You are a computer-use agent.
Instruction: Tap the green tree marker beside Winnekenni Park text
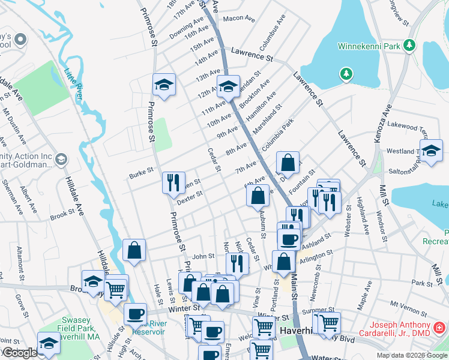coord(410,45)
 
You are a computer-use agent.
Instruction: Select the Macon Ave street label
coord(239,19)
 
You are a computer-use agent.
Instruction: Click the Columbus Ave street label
coord(272,34)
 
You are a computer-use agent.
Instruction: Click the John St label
coord(203,256)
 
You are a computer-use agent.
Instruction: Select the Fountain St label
coord(302,178)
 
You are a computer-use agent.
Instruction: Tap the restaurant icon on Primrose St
coord(173,182)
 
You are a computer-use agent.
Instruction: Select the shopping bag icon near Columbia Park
coord(288,163)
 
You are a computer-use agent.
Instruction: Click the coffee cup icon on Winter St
coord(136,314)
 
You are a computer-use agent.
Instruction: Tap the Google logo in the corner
coord(19,353)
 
